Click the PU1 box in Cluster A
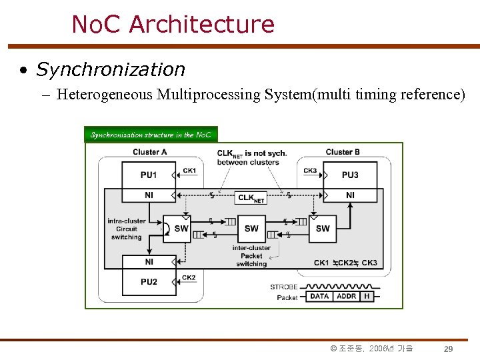coord(149,175)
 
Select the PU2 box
coord(149,281)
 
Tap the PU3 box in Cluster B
coord(350,175)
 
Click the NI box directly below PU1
coord(149,195)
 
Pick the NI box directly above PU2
coord(149,262)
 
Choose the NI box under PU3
coord(350,195)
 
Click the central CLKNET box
coord(251,197)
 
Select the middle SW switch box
coord(251,229)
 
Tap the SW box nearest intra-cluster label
coord(181,229)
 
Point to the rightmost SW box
coord(323,229)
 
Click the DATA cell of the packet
coord(320,296)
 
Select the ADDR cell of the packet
coord(346,296)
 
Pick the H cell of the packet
coord(366,296)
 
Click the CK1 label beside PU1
coord(189,171)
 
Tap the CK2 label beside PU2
coord(189,277)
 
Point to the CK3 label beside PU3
coord(310,171)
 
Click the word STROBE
coord(284,287)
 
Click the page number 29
coord(449,349)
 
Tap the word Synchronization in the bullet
coord(111,69)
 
